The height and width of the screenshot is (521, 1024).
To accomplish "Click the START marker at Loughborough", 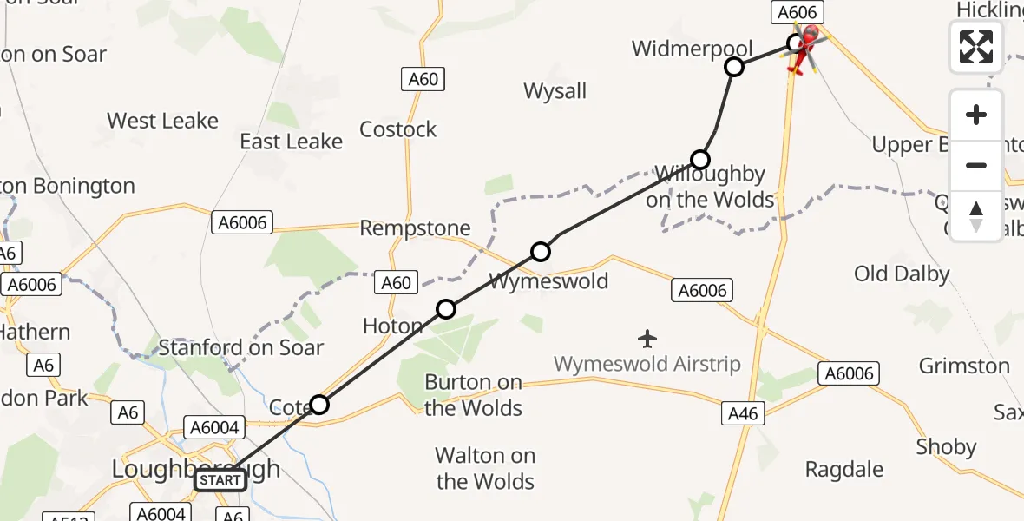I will pyautogui.click(x=220, y=479).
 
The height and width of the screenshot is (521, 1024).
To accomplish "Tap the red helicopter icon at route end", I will pyautogui.click(x=807, y=47).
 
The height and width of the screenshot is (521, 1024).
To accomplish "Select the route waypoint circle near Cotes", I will pyautogui.click(x=319, y=404).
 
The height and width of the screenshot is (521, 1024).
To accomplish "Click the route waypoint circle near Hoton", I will pyautogui.click(x=445, y=308).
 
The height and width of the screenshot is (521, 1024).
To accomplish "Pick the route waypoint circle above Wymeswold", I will pyautogui.click(x=541, y=252).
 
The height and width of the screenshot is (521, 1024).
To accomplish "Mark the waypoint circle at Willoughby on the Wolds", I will pyautogui.click(x=700, y=159).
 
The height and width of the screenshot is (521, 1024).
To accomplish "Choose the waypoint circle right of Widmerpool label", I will pyautogui.click(x=734, y=67).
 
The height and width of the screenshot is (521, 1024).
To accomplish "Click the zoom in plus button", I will pyautogui.click(x=976, y=115).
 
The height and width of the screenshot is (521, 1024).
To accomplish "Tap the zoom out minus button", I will pyautogui.click(x=976, y=165).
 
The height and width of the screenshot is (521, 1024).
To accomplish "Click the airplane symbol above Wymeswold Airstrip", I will pyautogui.click(x=647, y=337).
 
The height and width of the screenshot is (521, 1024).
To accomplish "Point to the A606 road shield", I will pyautogui.click(x=797, y=12).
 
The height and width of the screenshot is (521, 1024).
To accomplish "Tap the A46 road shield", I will pyautogui.click(x=743, y=414).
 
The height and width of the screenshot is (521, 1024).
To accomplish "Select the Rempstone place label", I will pyautogui.click(x=416, y=228).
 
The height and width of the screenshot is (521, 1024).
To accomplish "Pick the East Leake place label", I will pyautogui.click(x=291, y=142).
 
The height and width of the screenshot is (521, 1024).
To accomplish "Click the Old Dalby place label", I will pyautogui.click(x=902, y=274).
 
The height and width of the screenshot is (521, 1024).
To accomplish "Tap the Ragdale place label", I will pyautogui.click(x=843, y=470).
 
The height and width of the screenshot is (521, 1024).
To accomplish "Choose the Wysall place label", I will pyautogui.click(x=555, y=91).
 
